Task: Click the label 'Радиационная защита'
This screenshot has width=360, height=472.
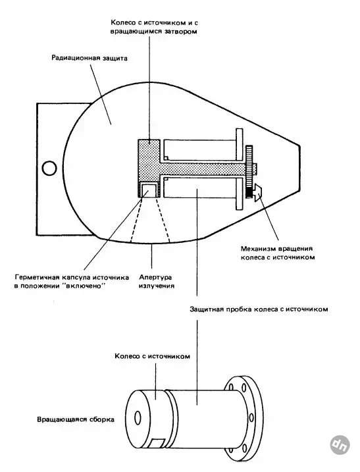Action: [x=90, y=58]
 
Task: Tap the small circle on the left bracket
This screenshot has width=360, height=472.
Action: [x=49, y=169]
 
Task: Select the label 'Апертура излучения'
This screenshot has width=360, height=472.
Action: [x=156, y=281]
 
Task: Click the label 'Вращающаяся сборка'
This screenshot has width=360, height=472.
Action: [x=76, y=419]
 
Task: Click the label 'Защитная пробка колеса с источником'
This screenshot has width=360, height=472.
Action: [x=259, y=309]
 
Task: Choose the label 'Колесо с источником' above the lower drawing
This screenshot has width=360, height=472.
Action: [x=152, y=356]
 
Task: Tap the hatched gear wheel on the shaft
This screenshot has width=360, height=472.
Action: [x=249, y=172]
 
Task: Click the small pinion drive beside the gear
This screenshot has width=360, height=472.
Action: [x=257, y=192]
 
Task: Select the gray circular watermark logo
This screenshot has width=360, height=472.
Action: [x=340, y=444]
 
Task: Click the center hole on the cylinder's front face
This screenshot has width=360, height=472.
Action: [x=138, y=418]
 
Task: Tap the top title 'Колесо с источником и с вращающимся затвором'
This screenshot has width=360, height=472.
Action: [x=154, y=27]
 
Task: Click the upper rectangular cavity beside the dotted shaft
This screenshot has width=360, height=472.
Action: [x=199, y=150]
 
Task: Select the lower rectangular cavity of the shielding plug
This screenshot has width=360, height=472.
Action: [x=199, y=187]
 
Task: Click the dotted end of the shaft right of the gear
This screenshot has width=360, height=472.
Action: [x=255, y=169]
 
